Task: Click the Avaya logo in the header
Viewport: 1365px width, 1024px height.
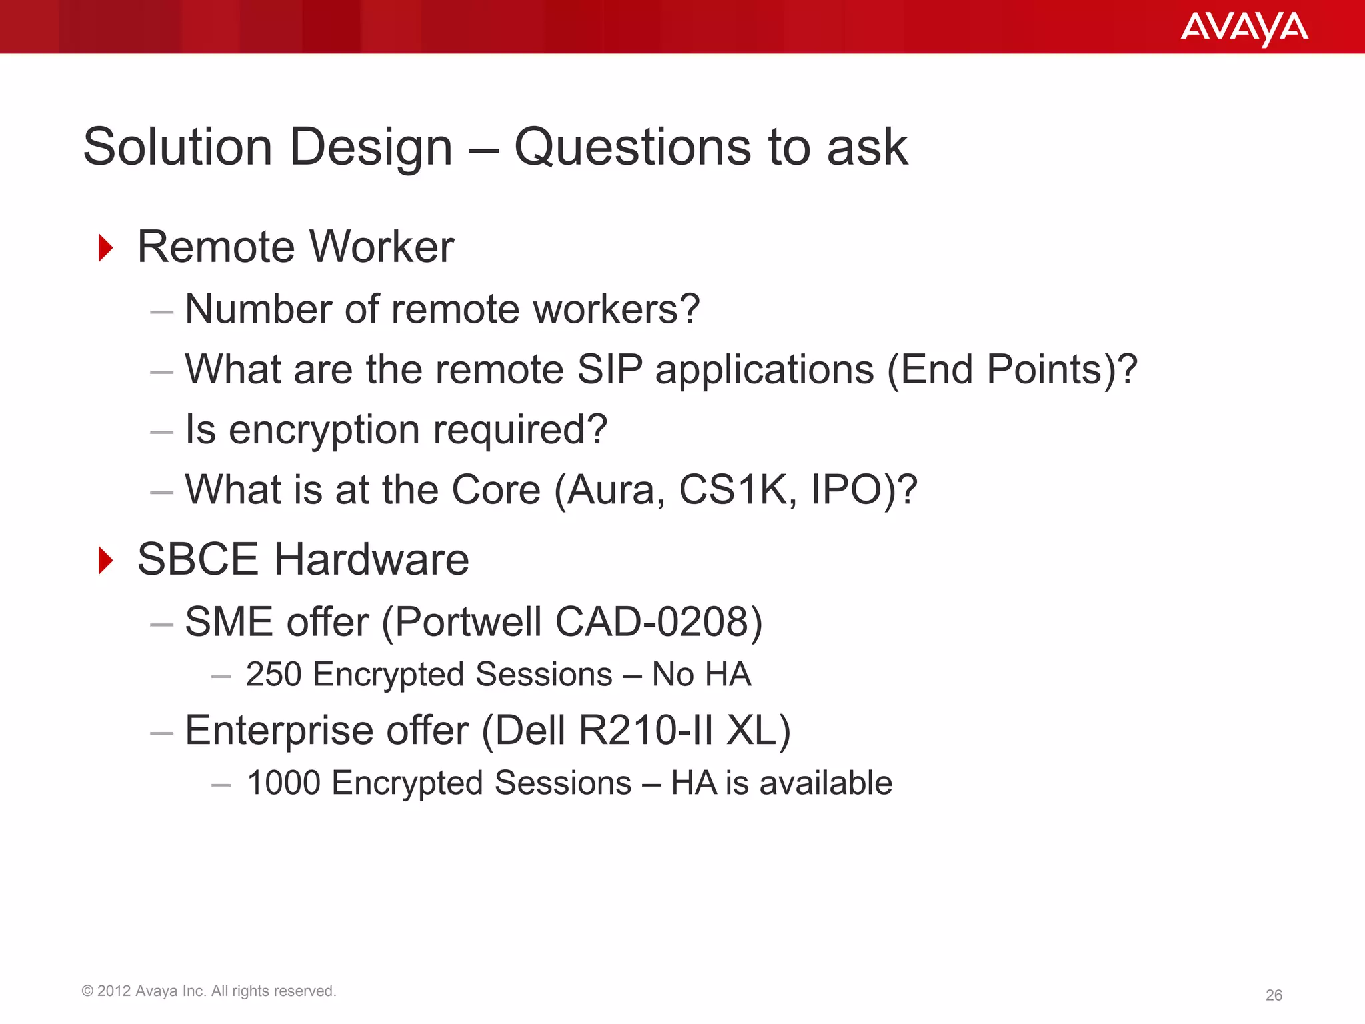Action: coord(1244,28)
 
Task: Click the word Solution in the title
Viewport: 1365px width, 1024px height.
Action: coord(177,147)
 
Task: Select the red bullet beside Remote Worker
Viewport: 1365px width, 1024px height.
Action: coord(105,248)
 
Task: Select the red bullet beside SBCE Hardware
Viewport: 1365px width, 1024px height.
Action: coord(105,560)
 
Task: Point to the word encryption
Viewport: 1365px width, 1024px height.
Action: coord(324,430)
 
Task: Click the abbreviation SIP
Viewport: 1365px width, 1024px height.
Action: coord(609,369)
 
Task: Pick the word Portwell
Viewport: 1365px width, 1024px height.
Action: coord(468,622)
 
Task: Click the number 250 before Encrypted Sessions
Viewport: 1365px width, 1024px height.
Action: coord(273,675)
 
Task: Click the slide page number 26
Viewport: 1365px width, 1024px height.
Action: coord(1274,995)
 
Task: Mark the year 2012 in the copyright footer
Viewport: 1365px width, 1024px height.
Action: coord(114,991)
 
